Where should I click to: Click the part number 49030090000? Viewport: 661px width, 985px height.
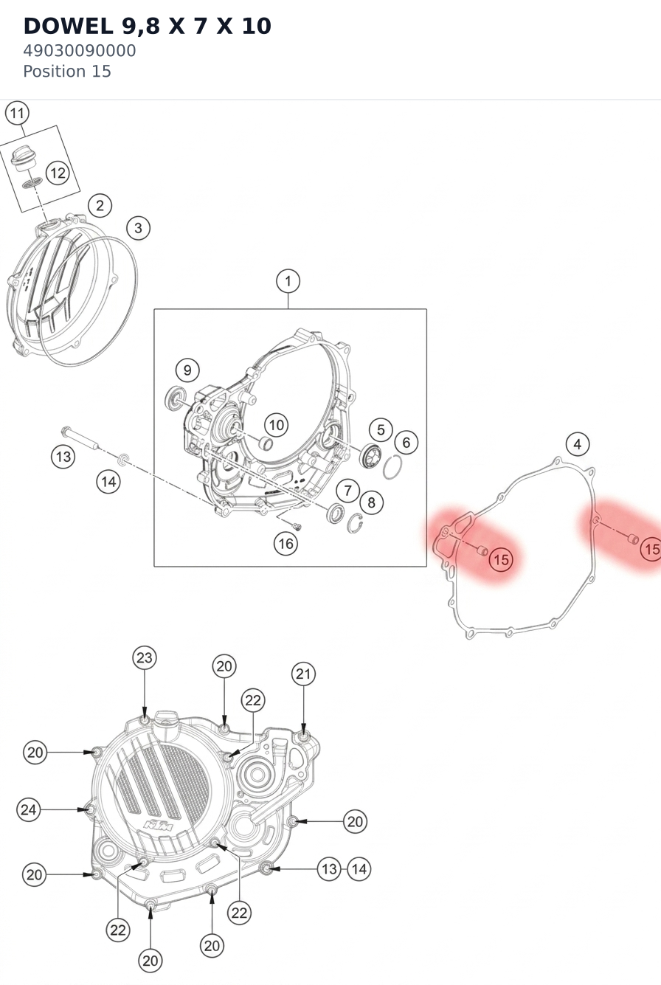point(80,51)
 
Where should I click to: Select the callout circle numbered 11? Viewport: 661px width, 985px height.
point(17,114)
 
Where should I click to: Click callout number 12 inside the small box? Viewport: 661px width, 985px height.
point(58,173)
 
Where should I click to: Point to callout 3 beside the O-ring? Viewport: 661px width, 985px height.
point(138,228)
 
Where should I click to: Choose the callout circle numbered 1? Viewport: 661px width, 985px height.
point(288,281)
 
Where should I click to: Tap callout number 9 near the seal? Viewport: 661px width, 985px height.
point(187,370)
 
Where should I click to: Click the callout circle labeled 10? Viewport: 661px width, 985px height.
point(276,425)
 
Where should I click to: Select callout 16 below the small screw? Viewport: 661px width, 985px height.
point(285,544)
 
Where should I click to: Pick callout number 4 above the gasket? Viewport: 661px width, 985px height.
point(578,444)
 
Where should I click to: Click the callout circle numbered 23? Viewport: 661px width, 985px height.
point(145,658)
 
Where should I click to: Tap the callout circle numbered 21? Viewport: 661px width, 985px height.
point(303,674)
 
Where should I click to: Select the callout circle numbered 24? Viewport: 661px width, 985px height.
point(29,809)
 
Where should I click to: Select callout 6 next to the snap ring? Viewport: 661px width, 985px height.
point(406,443)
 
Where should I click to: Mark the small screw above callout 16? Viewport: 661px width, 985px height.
point(297,526)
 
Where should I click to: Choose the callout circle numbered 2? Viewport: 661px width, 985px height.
point(100,205)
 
